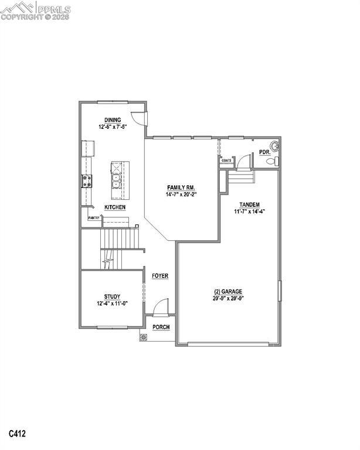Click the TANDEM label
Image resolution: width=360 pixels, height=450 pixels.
point(250,204)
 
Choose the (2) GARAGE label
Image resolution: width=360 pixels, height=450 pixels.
point(227,291)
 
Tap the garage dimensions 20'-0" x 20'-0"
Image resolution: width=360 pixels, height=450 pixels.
point(227,298)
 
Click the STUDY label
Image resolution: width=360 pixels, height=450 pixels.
point(112,296)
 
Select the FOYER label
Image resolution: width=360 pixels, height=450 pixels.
point(160,275)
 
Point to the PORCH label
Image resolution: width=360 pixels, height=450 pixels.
point(161,327)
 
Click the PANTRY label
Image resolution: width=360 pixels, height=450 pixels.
point(94,217)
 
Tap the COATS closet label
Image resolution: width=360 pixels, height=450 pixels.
point(226,159)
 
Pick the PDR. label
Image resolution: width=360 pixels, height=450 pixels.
point(264,153)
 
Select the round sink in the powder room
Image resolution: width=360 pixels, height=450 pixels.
point(273,146)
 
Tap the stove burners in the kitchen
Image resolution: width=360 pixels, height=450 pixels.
point(87,181)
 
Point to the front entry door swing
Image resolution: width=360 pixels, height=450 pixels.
point(161,307)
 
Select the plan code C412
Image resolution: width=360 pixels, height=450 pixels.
point(18,434)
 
